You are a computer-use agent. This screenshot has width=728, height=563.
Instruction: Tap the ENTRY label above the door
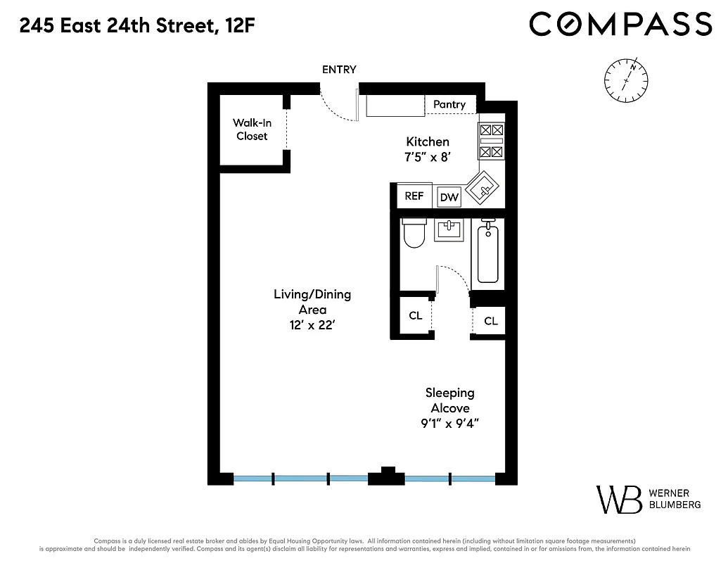339,69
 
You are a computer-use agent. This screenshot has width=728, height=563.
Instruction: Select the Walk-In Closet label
252,129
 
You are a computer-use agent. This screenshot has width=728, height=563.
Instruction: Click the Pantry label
449,104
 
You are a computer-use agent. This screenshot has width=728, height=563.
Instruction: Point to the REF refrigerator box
414,196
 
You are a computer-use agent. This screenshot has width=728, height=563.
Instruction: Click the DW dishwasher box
449,198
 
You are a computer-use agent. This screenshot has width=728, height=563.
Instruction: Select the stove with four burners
492,141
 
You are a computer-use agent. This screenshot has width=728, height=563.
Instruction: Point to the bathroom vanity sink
449,229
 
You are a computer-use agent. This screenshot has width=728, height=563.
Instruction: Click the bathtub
488,253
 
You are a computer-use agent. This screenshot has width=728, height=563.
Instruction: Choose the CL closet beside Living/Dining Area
416,315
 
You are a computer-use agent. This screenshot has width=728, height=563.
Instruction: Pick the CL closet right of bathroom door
490,321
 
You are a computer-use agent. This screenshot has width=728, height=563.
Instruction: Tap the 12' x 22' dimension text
312,325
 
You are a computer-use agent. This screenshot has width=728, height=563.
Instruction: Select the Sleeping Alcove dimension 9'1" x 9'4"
450,424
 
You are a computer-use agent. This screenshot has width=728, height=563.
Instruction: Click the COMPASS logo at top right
620,25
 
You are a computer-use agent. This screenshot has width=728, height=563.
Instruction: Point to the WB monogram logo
619,499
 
